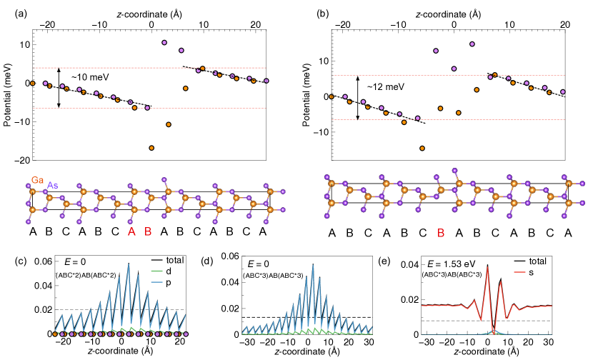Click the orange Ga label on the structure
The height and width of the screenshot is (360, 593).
click(37, 180)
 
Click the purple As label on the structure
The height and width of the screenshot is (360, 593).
click(53, 186)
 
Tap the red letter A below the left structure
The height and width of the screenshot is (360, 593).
click(131, 231)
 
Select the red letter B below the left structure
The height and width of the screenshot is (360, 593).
click(148, 231)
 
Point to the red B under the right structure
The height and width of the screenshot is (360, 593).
click(441, 233)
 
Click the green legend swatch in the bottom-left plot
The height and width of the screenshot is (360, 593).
click(156, 271)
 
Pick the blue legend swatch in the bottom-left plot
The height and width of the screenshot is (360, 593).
click(156, 282)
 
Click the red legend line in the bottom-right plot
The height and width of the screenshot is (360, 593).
click(519, 272)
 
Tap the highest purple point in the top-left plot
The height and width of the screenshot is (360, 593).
click(164, 43)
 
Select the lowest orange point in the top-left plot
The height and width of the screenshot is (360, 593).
click(151, 148)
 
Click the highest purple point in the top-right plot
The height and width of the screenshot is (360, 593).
click(472, 44)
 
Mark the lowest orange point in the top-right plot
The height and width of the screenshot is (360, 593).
click(422, 149)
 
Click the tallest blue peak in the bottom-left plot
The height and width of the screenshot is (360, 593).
click(129, 264)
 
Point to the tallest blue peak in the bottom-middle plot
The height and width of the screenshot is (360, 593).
click(312, 265)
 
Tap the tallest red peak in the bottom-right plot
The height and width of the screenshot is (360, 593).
click(487, 268)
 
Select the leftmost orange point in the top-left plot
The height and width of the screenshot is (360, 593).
click(32, 84)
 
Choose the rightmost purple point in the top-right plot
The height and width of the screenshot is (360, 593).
click(563, 91)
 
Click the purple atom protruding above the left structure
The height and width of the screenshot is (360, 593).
click(164, 179)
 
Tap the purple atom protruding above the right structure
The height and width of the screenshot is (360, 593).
click(454, 171)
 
